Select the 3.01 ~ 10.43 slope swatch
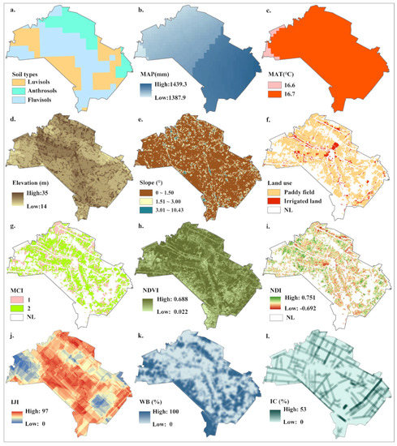[x=145, y=214]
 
